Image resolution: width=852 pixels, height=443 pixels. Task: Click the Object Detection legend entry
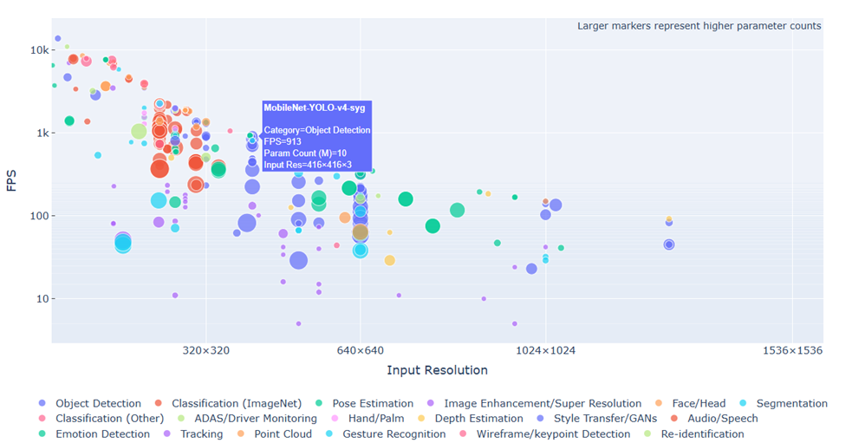pyautogui.click(x=98, y=403)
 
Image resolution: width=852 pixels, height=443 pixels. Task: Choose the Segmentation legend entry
pyautogui.click(x=791, y=403)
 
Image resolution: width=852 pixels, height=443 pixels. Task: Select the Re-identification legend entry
pyautogui.click(x=702, y=434)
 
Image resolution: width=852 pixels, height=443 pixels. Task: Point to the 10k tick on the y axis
pyautogui.click(x=34, y=50)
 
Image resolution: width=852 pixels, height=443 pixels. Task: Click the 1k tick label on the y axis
pyautogui.click(x=36, y=134)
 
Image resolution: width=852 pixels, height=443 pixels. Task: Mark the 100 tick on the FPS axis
pyautogui.click(x=35, y=216)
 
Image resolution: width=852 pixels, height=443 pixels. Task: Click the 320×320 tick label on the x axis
pyautogui.click(x=205, y=350)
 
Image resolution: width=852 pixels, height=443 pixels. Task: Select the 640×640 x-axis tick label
pyautogui.click(x=360, y=350)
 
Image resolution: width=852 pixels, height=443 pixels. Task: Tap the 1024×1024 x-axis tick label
pyautogui.click(x=545, y=350)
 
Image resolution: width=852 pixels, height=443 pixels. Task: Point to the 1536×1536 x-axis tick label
pyautogui.click(x=792, y=350)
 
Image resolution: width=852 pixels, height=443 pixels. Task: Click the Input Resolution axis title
pyautogui.click(x=437, y=370)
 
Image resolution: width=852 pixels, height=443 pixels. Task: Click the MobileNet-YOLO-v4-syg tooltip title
pyautogui.click(x=314, y=107)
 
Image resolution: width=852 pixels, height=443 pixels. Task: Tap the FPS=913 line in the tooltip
pyautogui.click(x=283, y=141)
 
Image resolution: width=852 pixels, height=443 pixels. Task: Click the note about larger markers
pyautogui.click(x=699, y=26)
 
